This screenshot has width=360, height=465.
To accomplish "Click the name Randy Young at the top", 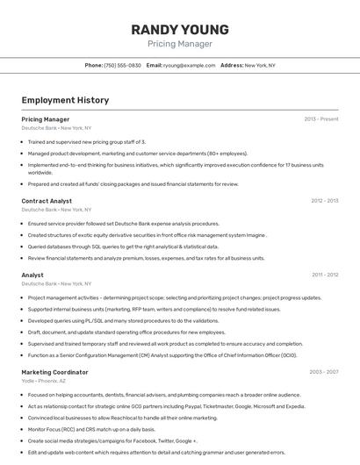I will click(179, 29).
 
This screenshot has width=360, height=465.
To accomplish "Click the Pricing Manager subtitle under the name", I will click(179, 43).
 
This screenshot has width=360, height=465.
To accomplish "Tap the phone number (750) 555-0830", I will click(122, 65).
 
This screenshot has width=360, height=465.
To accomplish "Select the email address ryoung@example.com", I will click(189, 65).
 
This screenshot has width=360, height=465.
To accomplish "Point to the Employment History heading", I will click(65, 100).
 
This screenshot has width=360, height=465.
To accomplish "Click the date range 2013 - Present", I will click(320, 119).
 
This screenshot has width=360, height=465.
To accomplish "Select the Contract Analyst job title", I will click(47, 201).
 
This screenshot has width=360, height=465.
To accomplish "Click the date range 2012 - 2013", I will click(324, 201).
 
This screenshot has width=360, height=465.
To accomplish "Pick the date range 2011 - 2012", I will click(324, 275).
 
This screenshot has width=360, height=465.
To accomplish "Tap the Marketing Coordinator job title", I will click(54, 372).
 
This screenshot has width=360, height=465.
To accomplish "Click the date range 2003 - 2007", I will click(323, 372).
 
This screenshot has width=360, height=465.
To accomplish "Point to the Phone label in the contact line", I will click(94, 65).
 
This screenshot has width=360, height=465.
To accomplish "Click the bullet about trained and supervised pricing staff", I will click(86, 141).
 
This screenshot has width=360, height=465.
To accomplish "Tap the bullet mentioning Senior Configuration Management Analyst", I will click(162, 355).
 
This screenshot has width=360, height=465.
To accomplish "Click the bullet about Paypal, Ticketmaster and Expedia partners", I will click(166, 406).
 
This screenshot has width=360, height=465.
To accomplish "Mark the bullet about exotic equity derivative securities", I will click(146, 235).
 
